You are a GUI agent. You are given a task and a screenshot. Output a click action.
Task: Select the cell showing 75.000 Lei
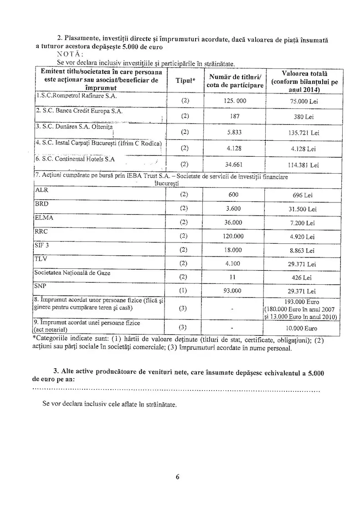(x=303, y=101)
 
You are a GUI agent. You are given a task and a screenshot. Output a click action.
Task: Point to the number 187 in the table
(x=235, y=116)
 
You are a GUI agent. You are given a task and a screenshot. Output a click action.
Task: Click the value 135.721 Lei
(x=303, y=133)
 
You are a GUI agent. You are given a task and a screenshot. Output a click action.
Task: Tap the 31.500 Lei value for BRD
(x=303, y=209)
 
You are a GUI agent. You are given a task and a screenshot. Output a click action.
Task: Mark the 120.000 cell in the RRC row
(x=235, y=237)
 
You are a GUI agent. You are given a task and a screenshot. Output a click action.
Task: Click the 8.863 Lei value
(x=303, y=251)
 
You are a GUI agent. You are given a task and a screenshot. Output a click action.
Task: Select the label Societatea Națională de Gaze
(x=72, y=273)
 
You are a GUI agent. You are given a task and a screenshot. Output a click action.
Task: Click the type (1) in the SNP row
(x=184, y=291)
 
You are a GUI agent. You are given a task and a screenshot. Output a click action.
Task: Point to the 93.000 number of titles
(x=235, y=291)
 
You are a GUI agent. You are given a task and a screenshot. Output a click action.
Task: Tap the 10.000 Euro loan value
(x=303, y=328)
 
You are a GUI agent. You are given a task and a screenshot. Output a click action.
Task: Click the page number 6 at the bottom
(x=177, y=478)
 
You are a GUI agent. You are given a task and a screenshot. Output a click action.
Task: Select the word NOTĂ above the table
(x=68, y=53)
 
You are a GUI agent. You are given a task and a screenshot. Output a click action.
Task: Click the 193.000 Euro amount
(x=304, y=302)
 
